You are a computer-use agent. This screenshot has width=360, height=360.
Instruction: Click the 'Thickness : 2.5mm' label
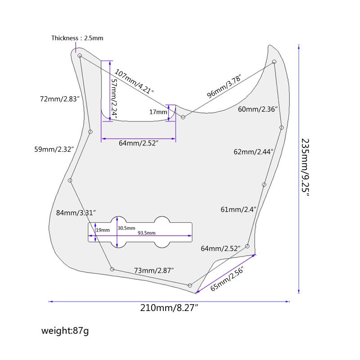[x=77, y=38]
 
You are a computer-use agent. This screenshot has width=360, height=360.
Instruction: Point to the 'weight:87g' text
[x=65, y=331]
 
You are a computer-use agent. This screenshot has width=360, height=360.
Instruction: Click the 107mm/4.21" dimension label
[x=134, y=81]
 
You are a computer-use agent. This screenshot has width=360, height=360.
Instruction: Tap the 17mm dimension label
[x=157, y=112]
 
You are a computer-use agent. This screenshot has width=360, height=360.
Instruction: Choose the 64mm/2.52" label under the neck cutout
[x=139, y=143]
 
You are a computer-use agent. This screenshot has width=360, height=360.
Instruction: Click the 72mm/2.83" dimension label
[x=60, y=98]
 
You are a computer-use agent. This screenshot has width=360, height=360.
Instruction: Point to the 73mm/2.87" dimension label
[x=154, y=270]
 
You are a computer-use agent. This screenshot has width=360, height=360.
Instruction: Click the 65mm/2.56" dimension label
[x=227, y=279]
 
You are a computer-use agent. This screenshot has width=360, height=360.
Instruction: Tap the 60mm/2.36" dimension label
[x=258, y=109]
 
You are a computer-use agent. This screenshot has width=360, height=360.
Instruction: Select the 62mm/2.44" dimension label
[x=254, y=152]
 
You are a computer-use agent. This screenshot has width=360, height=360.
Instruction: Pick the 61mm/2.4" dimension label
[x=238, y=209]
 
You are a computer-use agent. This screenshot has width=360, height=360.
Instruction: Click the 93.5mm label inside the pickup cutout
[x=146, y=233]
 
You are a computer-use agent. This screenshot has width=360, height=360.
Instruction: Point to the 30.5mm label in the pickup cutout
[x=126, y=228]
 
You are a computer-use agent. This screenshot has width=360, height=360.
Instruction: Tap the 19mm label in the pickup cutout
[x=103, y=230]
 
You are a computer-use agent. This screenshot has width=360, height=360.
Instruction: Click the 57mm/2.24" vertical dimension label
[x=114, y=99]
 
